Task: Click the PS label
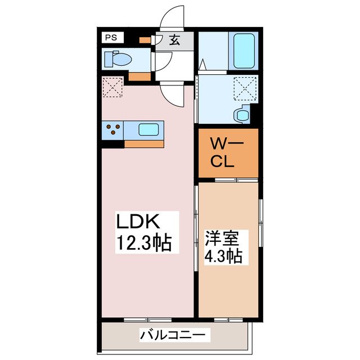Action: point(111,38)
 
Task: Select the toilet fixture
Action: point(118,58)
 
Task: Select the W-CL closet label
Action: point(227,152)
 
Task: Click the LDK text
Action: point(139,221)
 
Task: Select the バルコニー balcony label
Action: point(174,336)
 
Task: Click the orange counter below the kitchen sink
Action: point(144,143)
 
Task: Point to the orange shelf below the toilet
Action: point(140,76)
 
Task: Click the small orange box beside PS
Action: point(144,40)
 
